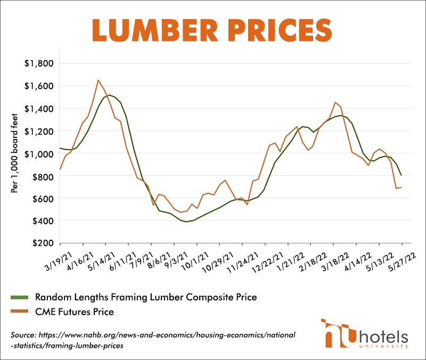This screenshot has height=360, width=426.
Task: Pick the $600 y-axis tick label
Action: (42, 198)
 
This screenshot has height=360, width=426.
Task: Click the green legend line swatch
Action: (20, 297)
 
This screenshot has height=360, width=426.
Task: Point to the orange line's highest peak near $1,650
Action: (98, 80)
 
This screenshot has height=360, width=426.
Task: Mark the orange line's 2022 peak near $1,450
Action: (334, 102)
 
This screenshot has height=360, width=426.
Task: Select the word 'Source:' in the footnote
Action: (23, 334)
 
